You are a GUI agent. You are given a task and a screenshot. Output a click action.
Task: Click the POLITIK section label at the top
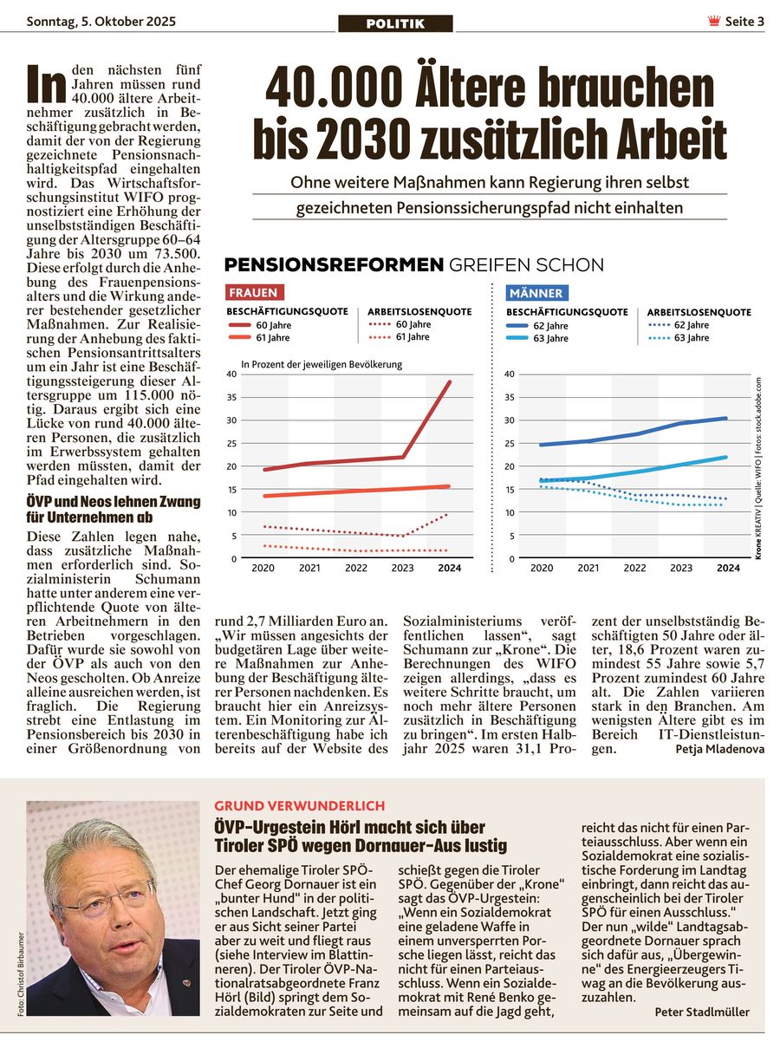(395, 23)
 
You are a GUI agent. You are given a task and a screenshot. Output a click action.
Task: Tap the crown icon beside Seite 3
(713, 22)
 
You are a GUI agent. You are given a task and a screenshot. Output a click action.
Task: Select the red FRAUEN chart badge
(253, 293)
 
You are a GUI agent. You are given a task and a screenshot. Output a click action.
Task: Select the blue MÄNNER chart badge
(536, 293)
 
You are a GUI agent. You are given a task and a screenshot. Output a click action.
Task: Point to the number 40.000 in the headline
(334, 88)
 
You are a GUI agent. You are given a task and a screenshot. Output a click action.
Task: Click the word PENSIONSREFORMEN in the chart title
(334, 265)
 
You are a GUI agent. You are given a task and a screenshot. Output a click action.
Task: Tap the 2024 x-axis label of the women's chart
(450, 569)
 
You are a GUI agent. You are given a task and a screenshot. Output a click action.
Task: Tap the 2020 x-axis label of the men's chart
(542, 569)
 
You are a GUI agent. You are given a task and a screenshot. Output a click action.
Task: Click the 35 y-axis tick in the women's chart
(231, 397)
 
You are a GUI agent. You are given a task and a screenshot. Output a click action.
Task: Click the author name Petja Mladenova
(719, 749)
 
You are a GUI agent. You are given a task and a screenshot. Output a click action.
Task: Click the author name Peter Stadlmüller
(702, 1012)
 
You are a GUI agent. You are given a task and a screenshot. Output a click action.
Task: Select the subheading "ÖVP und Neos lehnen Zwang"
(114, 502)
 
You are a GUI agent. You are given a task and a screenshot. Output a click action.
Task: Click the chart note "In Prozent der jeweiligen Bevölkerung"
(322, 364)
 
